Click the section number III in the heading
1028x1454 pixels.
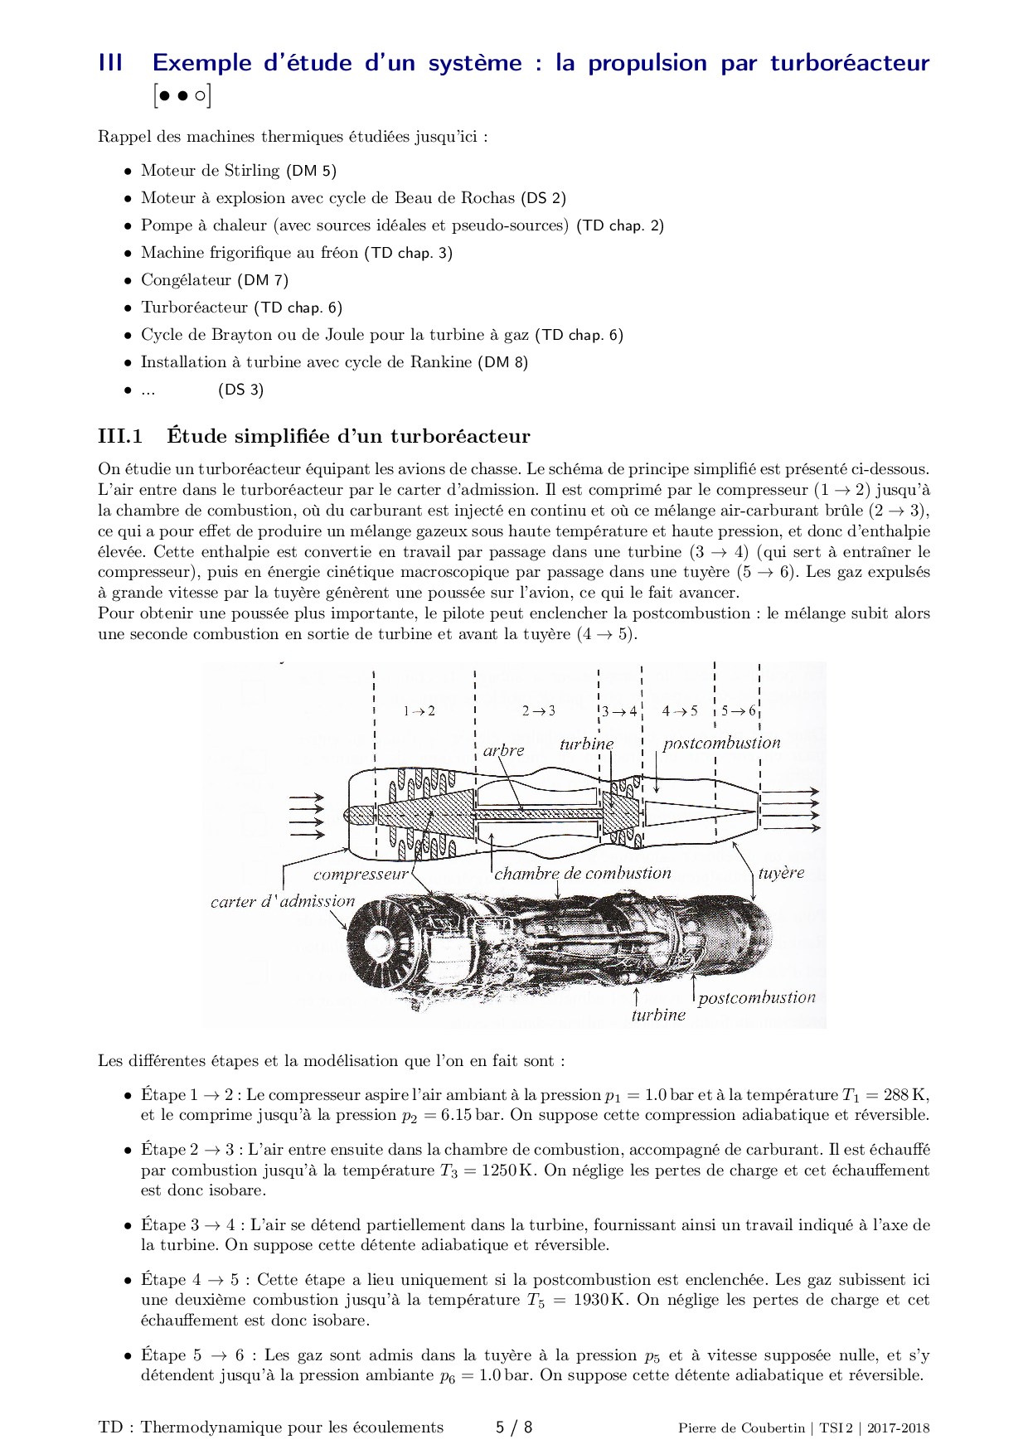click(x=111, y=63)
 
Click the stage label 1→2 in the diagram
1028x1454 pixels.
click(x=419, y=711)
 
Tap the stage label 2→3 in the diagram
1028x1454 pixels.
click(x=538, y=711)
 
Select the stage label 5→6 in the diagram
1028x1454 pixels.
click(x=738, y=711)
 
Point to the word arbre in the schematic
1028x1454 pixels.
click(x=503, y=750)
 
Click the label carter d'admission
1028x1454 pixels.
click(x=283, y=902)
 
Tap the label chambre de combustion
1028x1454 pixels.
click(x=582, y=873)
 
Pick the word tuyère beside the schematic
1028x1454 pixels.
click(x=781, y=873)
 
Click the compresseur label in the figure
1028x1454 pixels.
click(x=361, y=875)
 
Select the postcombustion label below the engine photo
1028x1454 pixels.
click(x=756, y=998)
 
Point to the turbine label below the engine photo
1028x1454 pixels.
click(x=658, y=1015)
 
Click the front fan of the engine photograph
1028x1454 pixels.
click(x=381, y=941)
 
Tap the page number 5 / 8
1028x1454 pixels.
click(x=513, y=1427)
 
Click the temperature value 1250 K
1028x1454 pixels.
click(x=510, y=1170)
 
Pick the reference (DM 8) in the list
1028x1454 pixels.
click(x=502, y=362)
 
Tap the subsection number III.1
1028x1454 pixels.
click(x=120, y=436)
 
